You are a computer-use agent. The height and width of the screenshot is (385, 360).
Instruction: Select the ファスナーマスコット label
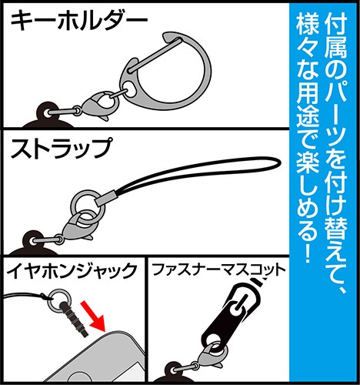click(x=218, y=271)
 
